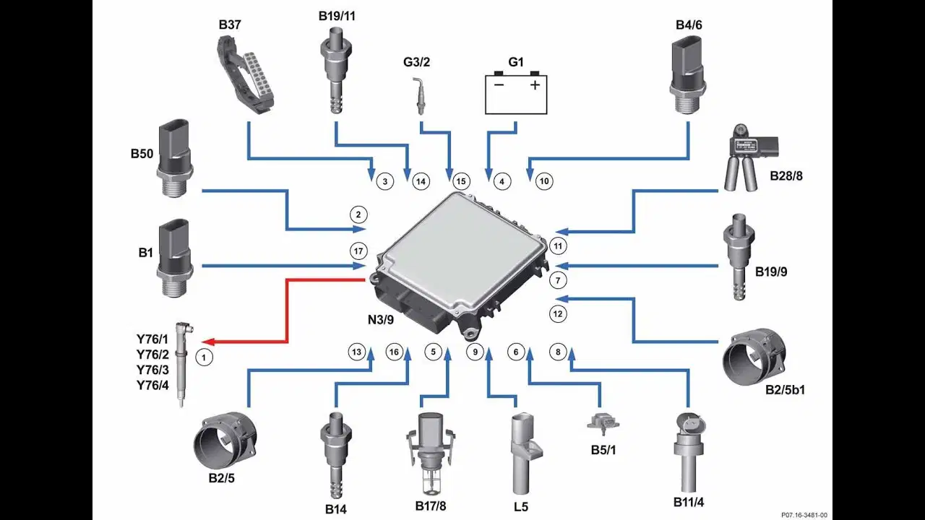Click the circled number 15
(x=461, y=181)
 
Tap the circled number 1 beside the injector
(x=204, y=357)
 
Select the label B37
(x=230, y=25)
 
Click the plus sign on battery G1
(x=535, y=85)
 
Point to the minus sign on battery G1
(x=499, y=85)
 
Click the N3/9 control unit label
(x=381, y=320)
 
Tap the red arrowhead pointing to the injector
(x=207, y=342)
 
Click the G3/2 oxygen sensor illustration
(x=420, y=97)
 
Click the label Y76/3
(x=152, y=370)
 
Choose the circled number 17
(x=358, y=251)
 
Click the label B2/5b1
(x=785, y=390)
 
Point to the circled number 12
(x=558, y=314)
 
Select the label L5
(x=521, y=507)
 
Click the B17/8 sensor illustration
(x=430, y=453)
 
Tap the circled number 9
(x=476, y=352)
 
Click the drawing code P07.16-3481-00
(x=804, y=515)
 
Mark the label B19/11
(x=337, y=16)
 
